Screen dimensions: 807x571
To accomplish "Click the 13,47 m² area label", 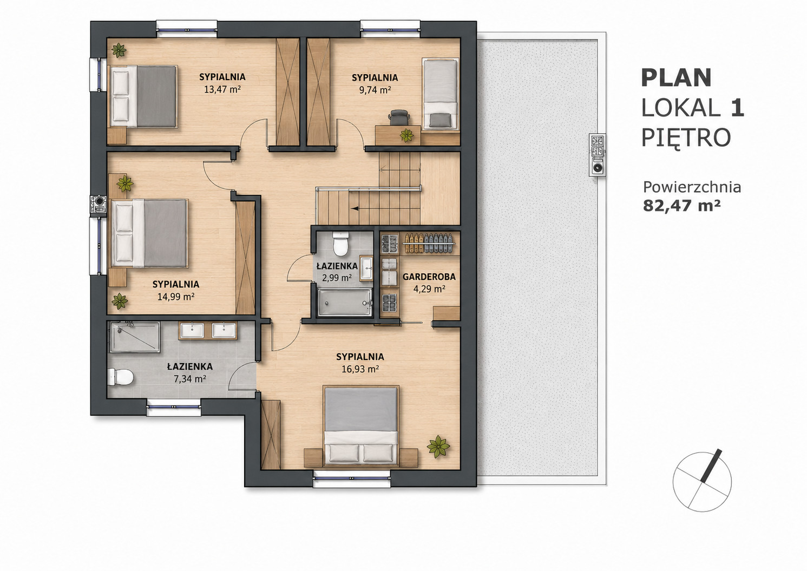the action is click(222, 89).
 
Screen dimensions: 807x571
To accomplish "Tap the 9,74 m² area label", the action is click(375, 90).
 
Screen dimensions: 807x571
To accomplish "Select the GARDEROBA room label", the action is click(429, 277).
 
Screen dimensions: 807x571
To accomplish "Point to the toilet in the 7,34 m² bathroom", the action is click(121, 377).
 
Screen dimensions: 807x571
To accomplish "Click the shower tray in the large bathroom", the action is click(135, 337).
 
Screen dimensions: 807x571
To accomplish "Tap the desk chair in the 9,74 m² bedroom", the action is click(399, 118).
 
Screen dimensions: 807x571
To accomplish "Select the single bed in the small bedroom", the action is click(440, 94).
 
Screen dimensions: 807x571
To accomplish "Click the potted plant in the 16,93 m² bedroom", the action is click(438, 447).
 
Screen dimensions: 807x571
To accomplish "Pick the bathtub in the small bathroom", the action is click(344, 303).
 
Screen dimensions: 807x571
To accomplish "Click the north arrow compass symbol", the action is click(702, 482).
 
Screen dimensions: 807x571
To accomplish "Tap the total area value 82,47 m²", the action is click(677, 206).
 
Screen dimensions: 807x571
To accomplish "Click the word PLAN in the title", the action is click(677, 78).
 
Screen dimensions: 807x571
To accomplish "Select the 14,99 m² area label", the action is click(176, 297).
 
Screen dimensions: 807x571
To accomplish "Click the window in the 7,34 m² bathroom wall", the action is click(174, 406).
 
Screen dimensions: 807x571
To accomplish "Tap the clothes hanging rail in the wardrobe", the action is click(429, 243).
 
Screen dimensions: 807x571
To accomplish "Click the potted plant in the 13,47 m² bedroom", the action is click(119, 50).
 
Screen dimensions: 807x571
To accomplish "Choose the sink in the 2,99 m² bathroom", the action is click(366, 268).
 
